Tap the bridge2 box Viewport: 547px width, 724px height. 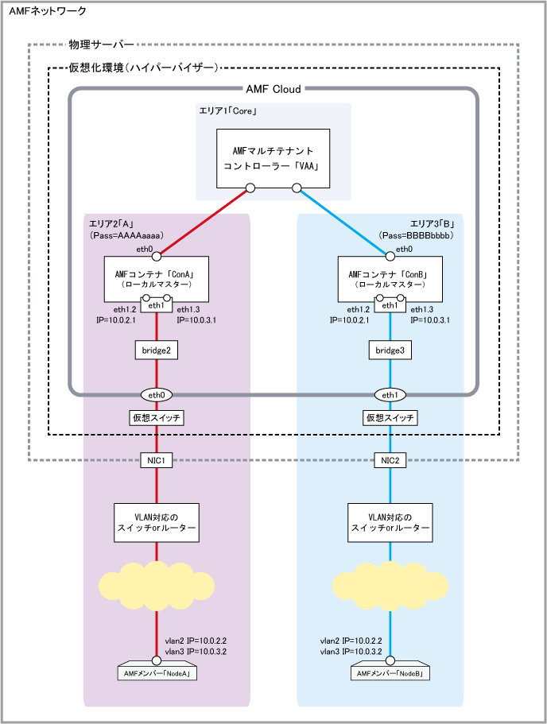(x=156, y=350)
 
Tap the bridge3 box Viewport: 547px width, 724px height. (x=390, y=350)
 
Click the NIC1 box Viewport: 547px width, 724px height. (x=156, y=460)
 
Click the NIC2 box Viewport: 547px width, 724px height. (x=390, y=460)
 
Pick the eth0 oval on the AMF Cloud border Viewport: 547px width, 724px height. (x=156, y=393)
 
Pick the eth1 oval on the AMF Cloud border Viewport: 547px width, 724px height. (x=390, y=393)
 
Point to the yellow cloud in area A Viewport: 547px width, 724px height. (x=156, y=585)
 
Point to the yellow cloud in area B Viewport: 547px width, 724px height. (x=390, y=585)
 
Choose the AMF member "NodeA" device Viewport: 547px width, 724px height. (x=156, y=672)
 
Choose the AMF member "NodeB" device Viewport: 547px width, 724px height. (x=390, y=672)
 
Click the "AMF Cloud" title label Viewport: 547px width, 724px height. (x=273, y=90)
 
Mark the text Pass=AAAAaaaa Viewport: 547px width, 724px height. (x=125, y=237)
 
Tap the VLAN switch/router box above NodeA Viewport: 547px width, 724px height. (x=156, y=521)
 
